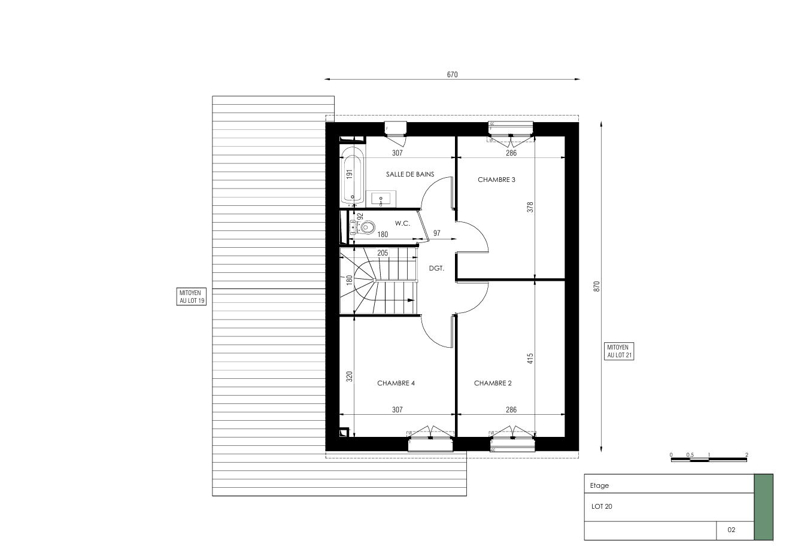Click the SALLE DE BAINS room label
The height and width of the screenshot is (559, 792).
[410, 174]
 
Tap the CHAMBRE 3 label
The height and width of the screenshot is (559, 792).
[496, 180]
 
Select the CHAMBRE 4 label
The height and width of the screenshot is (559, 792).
[396, 383]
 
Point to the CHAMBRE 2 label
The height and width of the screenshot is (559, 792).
[493, 383]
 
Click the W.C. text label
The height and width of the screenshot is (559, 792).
[402, 223]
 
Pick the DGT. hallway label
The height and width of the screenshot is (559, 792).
[436, 268]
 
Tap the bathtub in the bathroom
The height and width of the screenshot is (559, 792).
[353, 175]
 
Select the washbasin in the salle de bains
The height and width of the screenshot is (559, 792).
[381, 199]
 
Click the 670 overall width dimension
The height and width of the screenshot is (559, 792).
[452, 75]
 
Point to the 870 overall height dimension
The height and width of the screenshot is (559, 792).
[597, 287]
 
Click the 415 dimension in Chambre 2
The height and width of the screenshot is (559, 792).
[530, 359]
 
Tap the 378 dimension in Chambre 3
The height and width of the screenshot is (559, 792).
[530, 207]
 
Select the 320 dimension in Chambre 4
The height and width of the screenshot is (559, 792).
[350, 376]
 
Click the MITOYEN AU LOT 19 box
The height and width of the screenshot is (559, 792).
[192, 297]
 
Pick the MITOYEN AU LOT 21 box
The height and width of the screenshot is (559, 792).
[619, 351]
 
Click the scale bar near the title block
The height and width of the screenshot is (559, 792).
[709, 460]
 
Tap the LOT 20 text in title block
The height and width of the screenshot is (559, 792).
[602, 506]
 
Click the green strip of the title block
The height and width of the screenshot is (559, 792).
[763, 507]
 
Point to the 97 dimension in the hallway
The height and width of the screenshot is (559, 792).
[436, 233]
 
